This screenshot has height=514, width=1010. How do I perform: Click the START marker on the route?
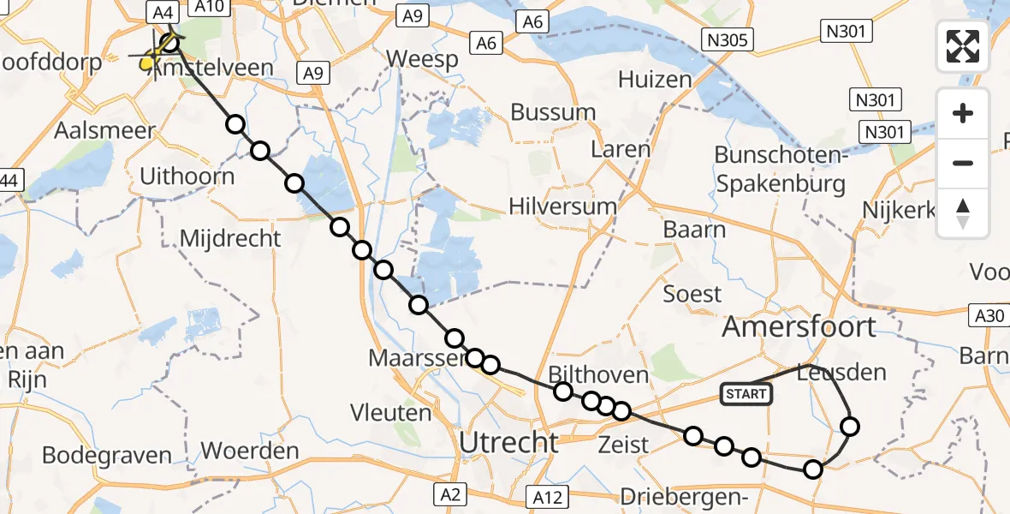[746, 394]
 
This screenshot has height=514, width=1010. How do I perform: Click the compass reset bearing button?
[963, 213]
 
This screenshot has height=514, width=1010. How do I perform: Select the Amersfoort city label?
[799, 326]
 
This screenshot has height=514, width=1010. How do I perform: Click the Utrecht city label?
[509, 443]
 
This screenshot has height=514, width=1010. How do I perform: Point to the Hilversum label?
[562, 206]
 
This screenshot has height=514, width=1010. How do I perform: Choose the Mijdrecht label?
[230, 237]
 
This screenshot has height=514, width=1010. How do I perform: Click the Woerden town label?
[250, 451]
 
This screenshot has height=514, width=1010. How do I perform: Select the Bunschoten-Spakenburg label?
[781, 169]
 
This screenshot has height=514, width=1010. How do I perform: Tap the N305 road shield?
[727, 39]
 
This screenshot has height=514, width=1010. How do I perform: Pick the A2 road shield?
[451, 493]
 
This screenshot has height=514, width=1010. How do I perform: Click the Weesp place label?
[422, 59]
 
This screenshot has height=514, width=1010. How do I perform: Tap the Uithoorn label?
[187, 177]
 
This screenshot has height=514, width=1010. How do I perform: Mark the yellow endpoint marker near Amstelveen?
[148, 61]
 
